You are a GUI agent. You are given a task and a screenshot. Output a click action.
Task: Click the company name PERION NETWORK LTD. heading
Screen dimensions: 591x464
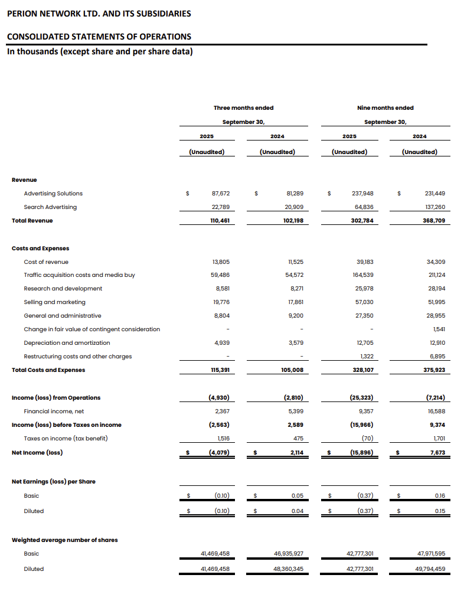[x=99, y=14]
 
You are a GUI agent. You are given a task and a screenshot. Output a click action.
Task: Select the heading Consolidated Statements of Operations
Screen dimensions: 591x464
[x=99, y=37]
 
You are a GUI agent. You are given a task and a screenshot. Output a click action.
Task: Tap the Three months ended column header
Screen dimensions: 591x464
[x=243, y=107]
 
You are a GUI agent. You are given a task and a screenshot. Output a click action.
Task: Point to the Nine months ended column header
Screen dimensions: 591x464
[x=385, y=107]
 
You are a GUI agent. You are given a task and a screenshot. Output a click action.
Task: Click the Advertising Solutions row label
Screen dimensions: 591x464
[x=53, y=193]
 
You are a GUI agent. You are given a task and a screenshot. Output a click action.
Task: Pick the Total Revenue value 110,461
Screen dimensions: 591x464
[x=219, y=221]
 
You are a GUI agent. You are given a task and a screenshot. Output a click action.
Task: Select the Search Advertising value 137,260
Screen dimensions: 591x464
[x=434, y=207]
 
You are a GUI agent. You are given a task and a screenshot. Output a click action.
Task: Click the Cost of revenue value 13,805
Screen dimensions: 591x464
[x=220, y=262]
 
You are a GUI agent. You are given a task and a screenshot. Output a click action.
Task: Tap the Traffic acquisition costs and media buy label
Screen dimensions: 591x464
[x=79, y=275]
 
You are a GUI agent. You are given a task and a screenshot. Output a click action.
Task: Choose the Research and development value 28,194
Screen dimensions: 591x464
[x=436, y=289]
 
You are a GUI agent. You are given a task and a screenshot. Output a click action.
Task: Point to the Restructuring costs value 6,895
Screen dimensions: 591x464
[x=436, y=357]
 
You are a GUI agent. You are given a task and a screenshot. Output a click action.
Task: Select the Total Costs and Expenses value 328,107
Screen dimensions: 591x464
[x=362, y=370]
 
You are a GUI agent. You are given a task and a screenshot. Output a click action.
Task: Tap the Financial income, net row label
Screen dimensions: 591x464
[x=54, y=412]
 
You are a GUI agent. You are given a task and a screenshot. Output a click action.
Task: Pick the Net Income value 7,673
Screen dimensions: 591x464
[x=436, y=453]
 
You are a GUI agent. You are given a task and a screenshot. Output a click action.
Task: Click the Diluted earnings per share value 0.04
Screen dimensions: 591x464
[x=297, y=511]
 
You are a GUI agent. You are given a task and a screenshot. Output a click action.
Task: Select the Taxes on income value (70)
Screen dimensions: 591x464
[x=365, y=439]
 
